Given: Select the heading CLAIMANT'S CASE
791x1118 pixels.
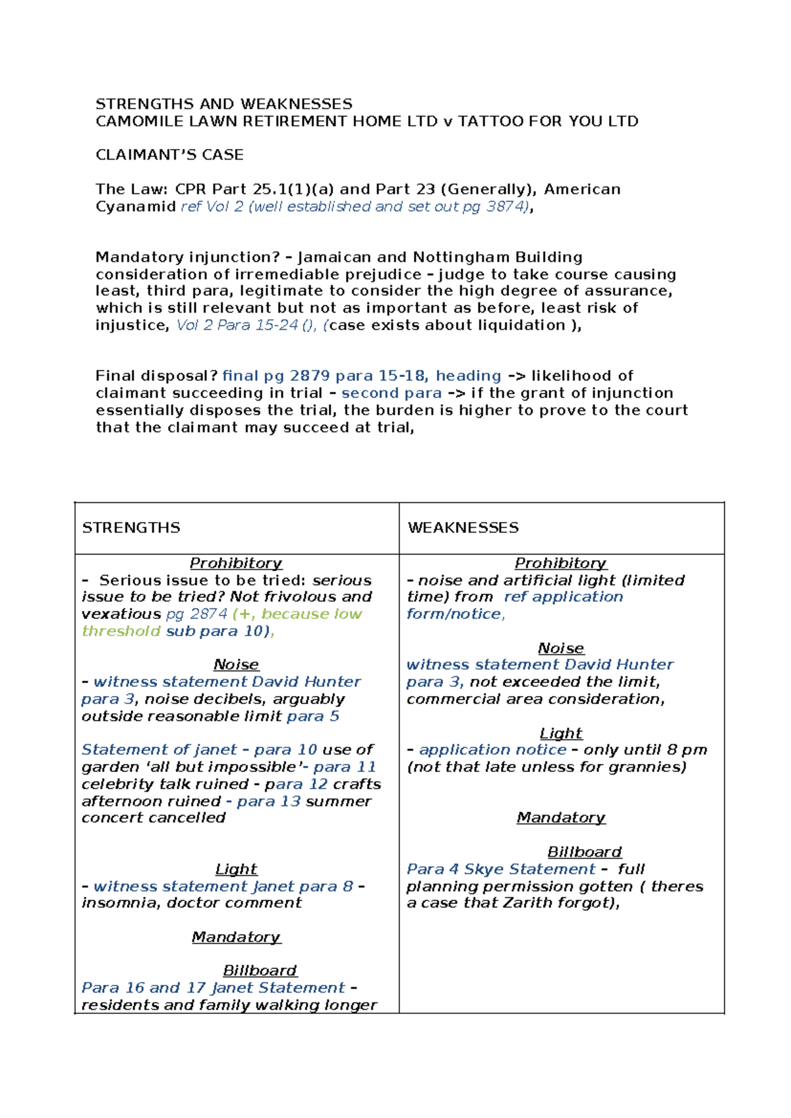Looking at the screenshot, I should point(169,155).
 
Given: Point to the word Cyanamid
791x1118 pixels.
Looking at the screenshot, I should point(136,206).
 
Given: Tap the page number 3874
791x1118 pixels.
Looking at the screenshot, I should point(506,206).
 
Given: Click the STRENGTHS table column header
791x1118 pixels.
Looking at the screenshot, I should point(131,527).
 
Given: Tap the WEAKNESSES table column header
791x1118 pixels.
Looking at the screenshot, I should point(463,527).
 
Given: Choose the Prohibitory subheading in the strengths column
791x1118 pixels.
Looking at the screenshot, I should point(236,563).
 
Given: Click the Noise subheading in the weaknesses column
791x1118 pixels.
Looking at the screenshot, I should point(561,648).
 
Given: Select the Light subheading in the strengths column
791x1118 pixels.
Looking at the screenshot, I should point(236,869).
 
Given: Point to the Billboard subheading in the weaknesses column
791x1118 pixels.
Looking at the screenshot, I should point(585,852).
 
